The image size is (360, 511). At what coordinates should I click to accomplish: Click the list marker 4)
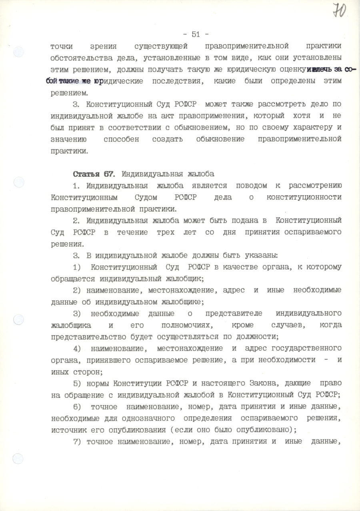[78, 348]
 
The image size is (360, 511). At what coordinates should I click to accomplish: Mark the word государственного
[305, 348]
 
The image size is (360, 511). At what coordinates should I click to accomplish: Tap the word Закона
[257, 383]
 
